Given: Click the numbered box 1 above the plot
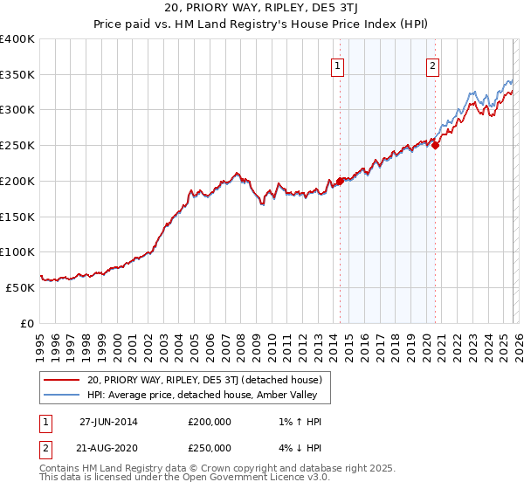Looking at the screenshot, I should pyautogui.click(x=338, y=64).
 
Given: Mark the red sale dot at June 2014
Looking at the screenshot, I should pyautogui.click(x=340, y=181).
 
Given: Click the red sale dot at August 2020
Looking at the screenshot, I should pyautogui.click(x=435, y=146).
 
